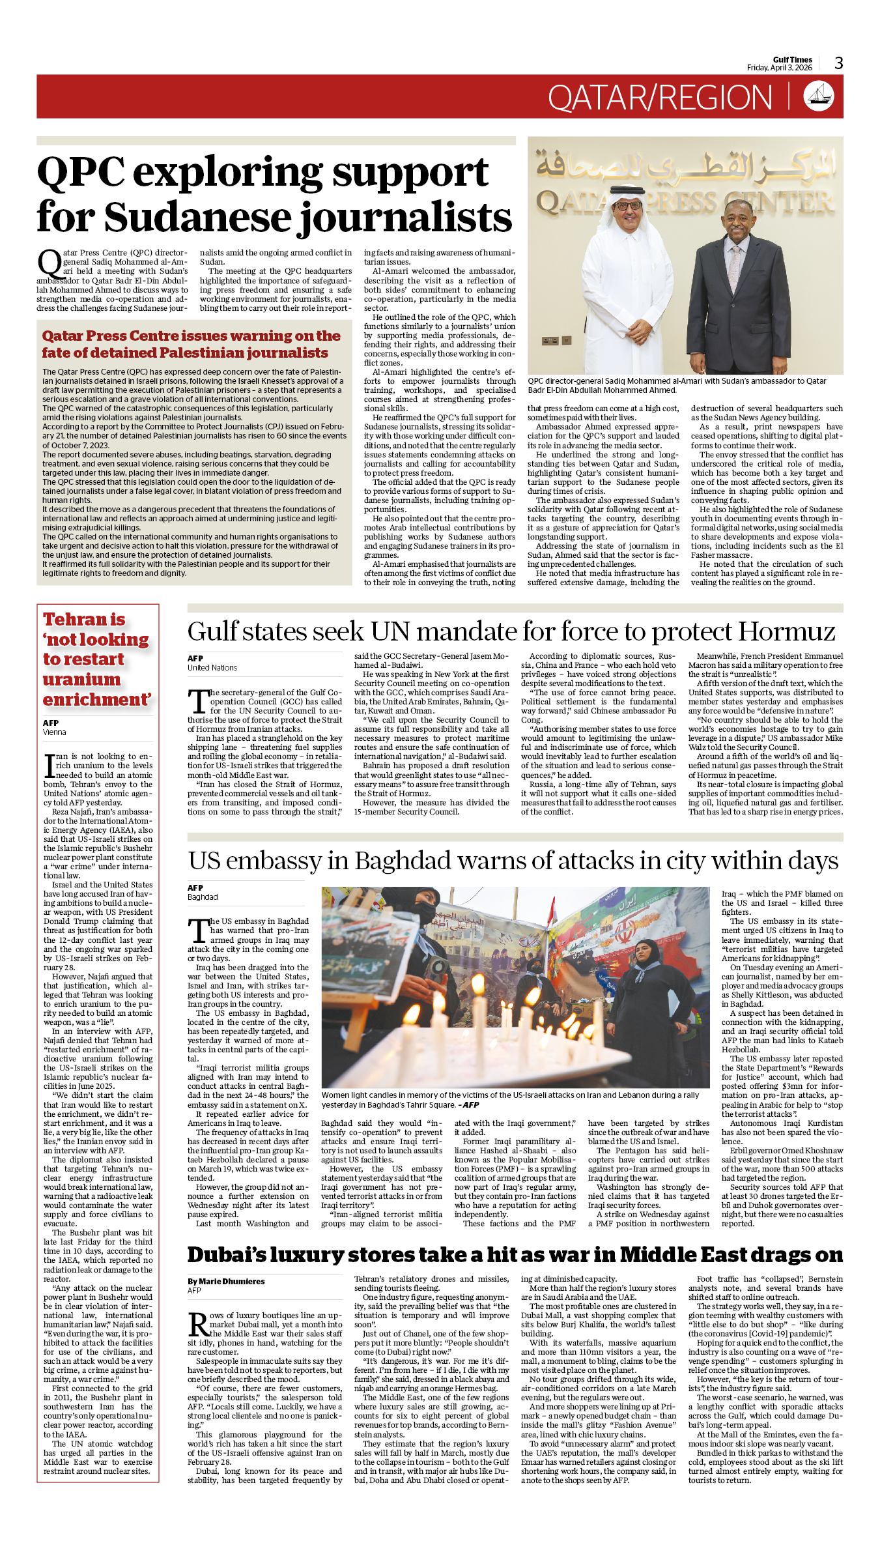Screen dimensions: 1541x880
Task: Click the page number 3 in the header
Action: [x=838, y=63]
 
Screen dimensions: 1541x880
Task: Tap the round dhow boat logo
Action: [x=819, y=96]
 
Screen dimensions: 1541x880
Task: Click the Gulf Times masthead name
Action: [x=792, y=59]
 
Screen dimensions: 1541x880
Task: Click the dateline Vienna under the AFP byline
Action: [x=55, y=732]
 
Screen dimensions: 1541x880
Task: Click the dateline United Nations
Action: [x=212, y=668]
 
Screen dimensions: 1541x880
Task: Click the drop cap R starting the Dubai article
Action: [x=198, y=1325]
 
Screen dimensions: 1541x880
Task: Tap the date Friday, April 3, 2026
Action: [x=779, y=68]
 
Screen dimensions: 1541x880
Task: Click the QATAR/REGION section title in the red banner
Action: [x=659, y=98]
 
